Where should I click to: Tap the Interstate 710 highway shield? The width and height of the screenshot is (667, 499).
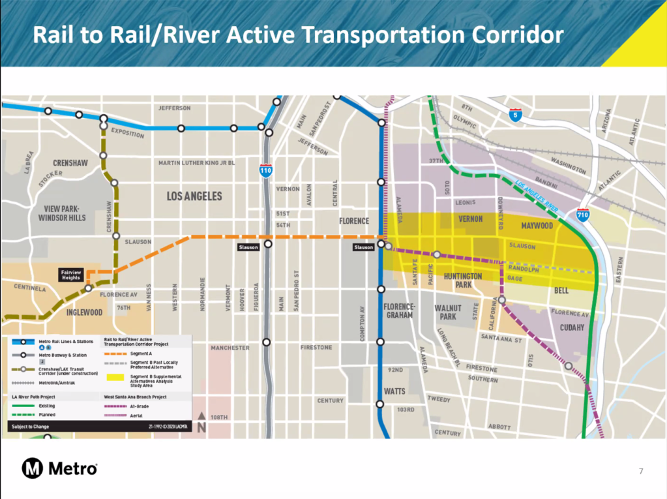click(x=583, y=215)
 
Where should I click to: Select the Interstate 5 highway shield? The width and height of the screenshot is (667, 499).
click(x=516, y=115)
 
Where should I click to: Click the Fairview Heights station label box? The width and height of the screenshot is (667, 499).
click(x=70, y=274)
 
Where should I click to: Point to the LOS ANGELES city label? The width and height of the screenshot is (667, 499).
click(x=194, y=196)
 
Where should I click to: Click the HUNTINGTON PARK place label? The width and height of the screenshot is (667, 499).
click(x=463, y=280)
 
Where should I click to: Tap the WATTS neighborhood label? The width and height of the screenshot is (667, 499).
click(x=395, y=391)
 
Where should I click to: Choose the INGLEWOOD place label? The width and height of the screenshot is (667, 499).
click(x=84, y=312)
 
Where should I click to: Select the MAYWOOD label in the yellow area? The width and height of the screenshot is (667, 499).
click(x=537, y=226)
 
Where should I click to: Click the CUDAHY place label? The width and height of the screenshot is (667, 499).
click(x=572, y=328)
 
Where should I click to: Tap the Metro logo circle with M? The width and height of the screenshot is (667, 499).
click(x=33, y=468)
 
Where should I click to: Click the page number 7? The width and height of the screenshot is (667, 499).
click(x=641, y=471)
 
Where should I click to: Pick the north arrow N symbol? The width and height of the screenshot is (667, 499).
click(x=201, y=423)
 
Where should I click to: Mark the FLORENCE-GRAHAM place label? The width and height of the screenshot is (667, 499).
click(x=400, y=310)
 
